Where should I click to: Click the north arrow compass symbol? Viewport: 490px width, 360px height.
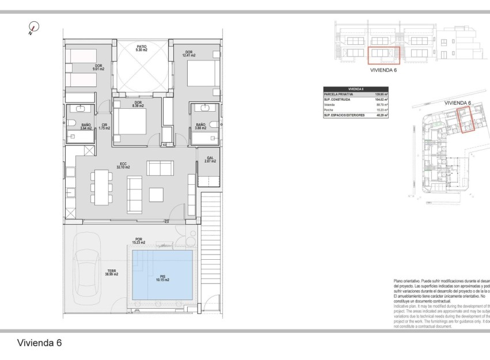point(35,27)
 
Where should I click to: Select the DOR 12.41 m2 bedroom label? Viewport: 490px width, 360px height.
point(189,54)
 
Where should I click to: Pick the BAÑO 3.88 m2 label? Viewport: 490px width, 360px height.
point(200,127)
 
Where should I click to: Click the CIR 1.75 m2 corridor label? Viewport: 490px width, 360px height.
point(104,127)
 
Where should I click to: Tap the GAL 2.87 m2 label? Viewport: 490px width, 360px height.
point(210,160)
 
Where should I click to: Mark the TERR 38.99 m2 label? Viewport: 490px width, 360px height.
point(112,274)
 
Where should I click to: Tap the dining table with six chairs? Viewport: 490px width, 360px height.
point(101,185)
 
